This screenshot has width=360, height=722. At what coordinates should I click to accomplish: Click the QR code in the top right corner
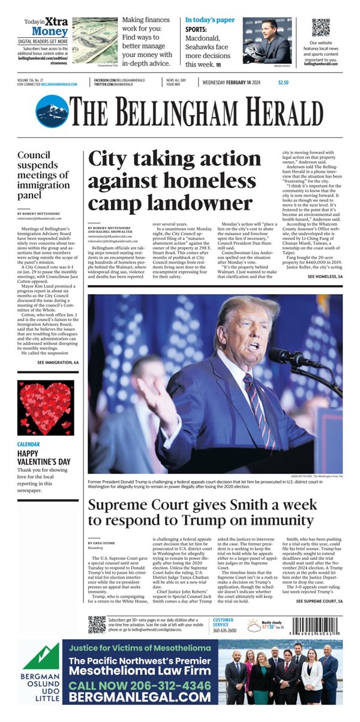coord(321,28)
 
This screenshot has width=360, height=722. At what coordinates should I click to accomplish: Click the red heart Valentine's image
coord(46,409)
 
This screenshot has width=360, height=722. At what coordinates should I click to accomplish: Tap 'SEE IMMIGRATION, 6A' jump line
coord(58,363)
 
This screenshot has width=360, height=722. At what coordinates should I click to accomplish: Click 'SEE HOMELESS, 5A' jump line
coord(325,276)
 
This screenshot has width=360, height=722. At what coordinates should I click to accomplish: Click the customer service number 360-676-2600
coord(224,631)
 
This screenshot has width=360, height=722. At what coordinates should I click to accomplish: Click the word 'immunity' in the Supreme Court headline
coord(275,520)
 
